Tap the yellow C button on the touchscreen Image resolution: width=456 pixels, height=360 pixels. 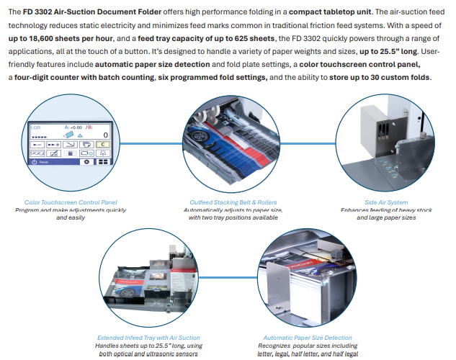(x=102, y=144)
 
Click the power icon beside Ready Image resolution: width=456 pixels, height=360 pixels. (x=34, y=163)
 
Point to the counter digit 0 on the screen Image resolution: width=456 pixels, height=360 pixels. (x=105, y=134)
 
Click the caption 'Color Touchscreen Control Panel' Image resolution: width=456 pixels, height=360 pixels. (x=71, y=202)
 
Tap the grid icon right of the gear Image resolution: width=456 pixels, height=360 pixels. (x=103, y=162)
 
